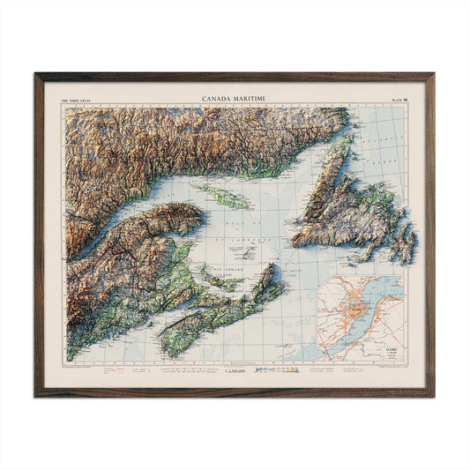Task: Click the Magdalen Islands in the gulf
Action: pos(250,251)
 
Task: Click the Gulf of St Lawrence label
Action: pos(238,231)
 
